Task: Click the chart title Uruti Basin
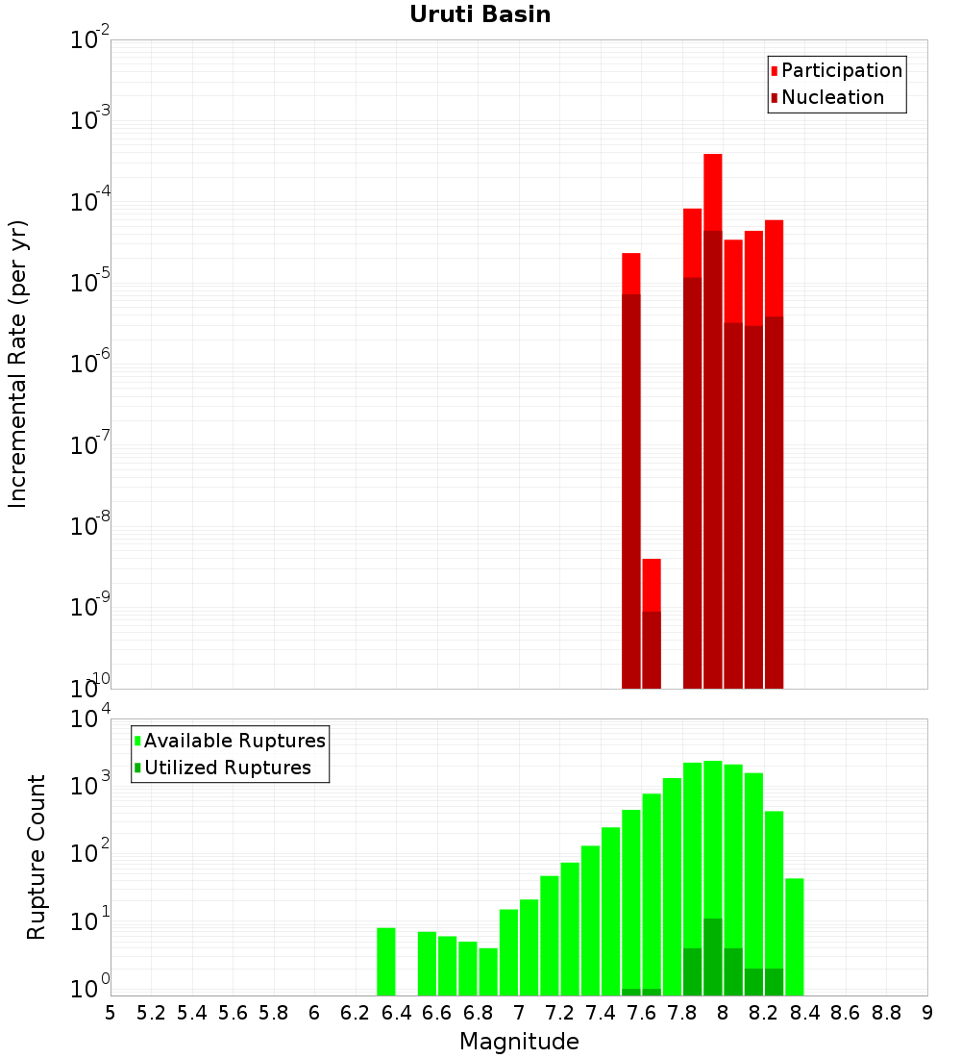[x=480, y=14]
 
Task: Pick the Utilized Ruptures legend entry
[x=227, y=768]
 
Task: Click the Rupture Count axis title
[x=37, y=856]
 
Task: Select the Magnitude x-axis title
[x=519, y=1042]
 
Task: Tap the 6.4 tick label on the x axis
[x=396, y=1013]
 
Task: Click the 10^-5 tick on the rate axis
[x=91, y=283]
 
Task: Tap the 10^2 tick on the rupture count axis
[x=91, y=853]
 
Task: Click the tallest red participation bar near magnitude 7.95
[x=712, y=192]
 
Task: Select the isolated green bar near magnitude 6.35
[x=385, y=962]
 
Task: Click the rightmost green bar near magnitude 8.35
[x=794, y=937]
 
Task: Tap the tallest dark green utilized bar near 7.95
[x=712, y=957]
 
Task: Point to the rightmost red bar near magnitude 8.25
[x=774, y=269]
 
